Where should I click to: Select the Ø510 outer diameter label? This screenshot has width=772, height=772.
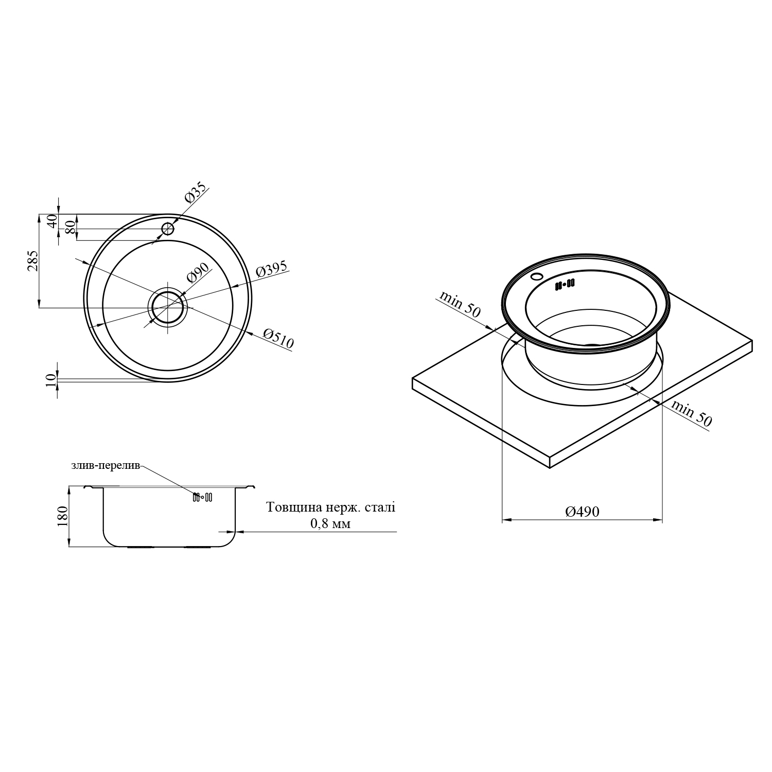(278, 339)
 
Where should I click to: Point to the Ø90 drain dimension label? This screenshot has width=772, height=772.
(198, 273)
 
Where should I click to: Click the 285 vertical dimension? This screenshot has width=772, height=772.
(33, 261)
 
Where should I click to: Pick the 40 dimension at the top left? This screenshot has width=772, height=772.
(51, 222)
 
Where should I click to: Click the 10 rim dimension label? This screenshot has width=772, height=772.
(50, 380)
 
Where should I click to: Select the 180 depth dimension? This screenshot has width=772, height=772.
(63, 516)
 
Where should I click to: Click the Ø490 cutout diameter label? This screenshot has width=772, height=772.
(582, 512)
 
